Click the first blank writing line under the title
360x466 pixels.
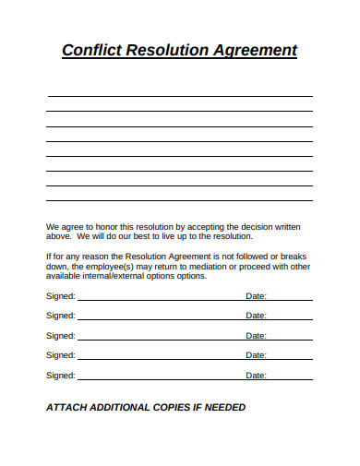(179, 96)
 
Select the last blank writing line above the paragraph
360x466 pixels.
(179, 200)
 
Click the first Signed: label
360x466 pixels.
(61, 297)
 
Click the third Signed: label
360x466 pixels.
(61, 336)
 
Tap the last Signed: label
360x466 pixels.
(61, 376)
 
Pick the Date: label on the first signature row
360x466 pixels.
(256, 297)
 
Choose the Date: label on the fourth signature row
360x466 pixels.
(256, 356)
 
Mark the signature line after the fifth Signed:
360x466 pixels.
(157, 379)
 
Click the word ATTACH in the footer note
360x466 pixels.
(67, 407)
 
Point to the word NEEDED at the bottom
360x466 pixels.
(224, 407)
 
